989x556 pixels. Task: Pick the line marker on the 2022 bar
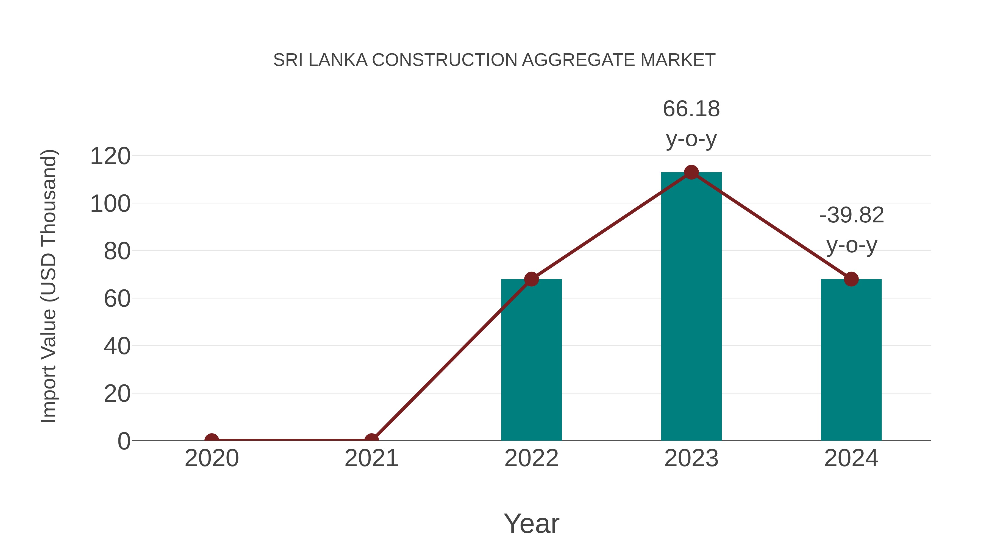tap(531, 279)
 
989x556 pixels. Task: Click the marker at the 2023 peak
tap(691, 172)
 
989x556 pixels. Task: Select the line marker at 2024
tap(851, 279)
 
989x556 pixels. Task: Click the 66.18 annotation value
tap(691, 109)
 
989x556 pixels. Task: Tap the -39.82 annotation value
tap(852, 215)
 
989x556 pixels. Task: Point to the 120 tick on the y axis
tap(110, 157)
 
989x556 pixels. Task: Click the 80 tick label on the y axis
tap(117, 252)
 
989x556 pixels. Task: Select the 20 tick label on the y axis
tap(117, 394)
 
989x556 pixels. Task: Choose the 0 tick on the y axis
tap(124, 441)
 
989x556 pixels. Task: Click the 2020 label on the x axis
tap(212, 458)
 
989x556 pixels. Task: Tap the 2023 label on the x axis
tap(691, 458)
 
